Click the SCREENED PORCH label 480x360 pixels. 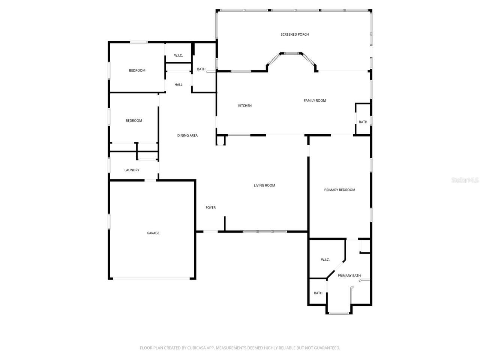click(295, 34)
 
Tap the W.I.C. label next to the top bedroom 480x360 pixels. click(178, 55)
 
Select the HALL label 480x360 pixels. click(178, 85)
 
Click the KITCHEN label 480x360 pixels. click(245, 106)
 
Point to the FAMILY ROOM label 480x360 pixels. click(315, 100)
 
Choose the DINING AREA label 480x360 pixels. click(187, 135)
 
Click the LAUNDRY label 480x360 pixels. click(132, 170)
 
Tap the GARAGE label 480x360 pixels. click(153, 233)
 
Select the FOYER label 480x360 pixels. click(211, 208)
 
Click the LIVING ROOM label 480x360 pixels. click(264, 185)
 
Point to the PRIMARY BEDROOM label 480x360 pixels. click(339, 190)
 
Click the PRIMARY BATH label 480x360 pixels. click(349, 276)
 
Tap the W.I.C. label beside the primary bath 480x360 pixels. click(325, 259)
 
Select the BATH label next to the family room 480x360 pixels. click(363, 122)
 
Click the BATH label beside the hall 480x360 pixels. click(201, 69)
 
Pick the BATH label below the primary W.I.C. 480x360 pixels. click(318, 293)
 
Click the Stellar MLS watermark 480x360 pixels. click(465, 180)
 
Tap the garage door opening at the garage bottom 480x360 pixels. click(152, 278)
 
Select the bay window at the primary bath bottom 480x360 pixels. click(339, 313)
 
